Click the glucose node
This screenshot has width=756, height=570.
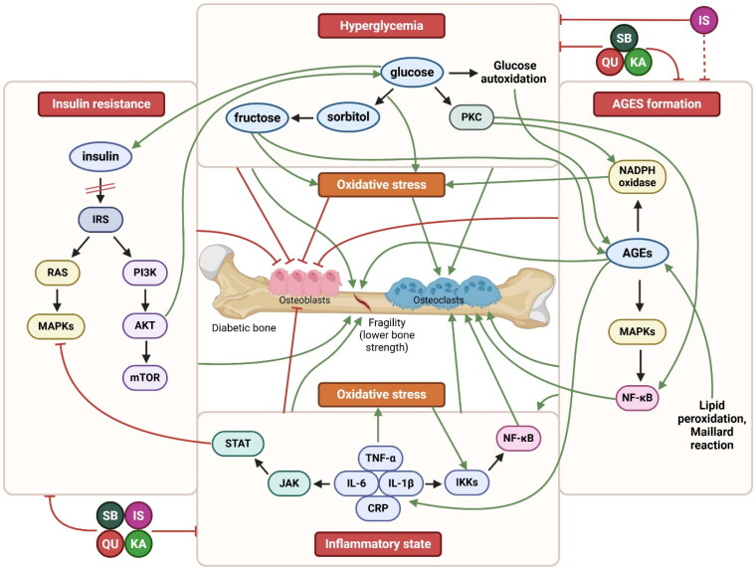(x=412, y=73)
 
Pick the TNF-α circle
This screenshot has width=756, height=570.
(x=378, y=460)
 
